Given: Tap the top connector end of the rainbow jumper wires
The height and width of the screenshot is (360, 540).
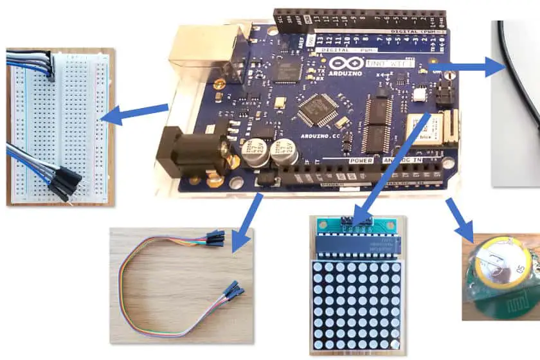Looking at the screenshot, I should click(x=214, y=239).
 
